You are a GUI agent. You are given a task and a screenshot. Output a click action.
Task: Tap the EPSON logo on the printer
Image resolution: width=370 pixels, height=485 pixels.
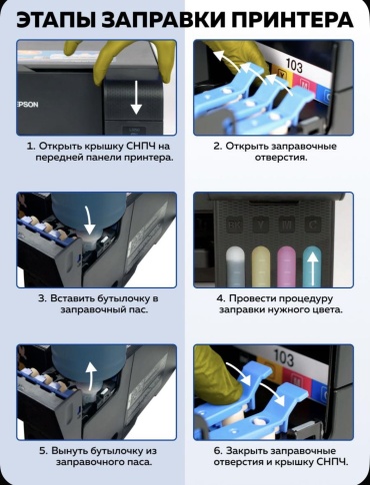27,105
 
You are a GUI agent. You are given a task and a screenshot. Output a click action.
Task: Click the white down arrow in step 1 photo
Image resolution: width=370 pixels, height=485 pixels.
136,99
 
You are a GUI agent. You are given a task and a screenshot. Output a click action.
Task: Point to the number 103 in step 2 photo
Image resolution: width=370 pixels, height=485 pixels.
294,65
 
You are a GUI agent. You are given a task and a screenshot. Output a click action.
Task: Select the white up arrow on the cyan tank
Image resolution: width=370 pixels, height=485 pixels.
313,268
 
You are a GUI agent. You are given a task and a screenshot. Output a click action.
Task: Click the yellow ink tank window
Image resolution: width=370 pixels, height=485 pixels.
261,266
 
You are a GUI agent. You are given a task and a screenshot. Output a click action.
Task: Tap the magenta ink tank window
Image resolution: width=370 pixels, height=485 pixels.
287,266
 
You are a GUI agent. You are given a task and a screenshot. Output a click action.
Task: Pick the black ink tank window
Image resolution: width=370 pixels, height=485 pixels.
235,266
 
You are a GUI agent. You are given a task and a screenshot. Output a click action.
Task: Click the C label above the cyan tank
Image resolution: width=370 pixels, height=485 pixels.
313,226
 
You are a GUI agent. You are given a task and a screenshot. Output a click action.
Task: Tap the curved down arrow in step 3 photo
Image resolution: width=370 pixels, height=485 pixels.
88,221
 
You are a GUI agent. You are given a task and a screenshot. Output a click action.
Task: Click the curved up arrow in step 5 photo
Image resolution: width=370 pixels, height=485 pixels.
90,375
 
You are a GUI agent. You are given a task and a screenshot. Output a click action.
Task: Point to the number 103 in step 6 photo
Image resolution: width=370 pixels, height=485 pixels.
284,358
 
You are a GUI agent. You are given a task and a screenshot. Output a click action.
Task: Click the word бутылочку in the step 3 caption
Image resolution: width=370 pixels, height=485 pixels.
123,298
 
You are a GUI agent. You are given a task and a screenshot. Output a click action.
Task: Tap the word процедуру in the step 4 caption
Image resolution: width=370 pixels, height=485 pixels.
304,298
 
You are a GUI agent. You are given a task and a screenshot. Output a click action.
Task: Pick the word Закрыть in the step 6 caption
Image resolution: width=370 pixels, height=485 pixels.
246,451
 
